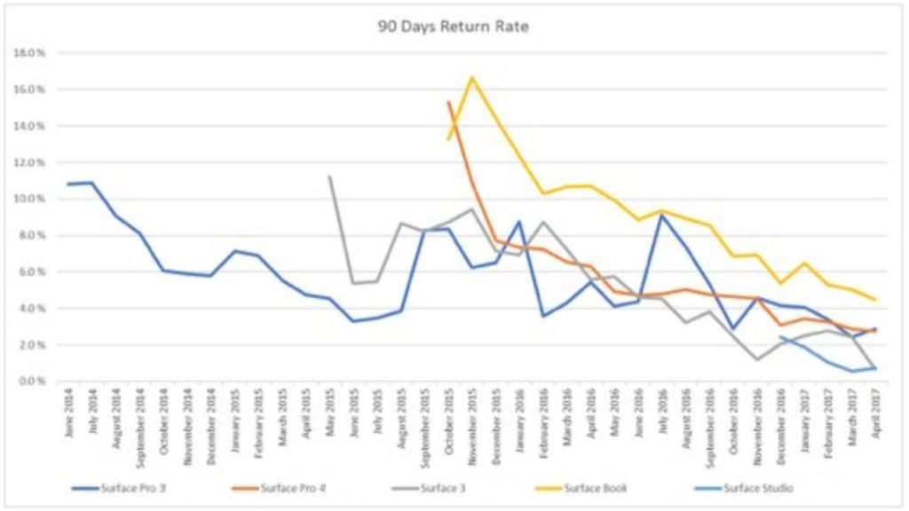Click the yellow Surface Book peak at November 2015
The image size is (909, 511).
[x=472, y=77]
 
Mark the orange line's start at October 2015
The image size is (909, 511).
[x=448, y=102]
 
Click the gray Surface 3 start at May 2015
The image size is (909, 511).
[x=329, y=176]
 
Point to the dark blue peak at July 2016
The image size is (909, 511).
[x=662, y=215]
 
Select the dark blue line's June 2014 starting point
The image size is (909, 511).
[x=68, y=185]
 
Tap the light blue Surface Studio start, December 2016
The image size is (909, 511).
[x=781, y=337]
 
